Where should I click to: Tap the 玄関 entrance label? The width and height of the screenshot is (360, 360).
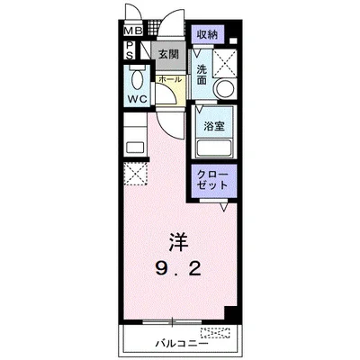(x=169, y=55)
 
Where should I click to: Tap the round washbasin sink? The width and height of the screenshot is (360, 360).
(x=225, y=88)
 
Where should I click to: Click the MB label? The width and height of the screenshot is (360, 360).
(x=131, y=34)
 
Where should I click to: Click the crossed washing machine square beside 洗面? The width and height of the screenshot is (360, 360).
(x=226, y=60)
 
